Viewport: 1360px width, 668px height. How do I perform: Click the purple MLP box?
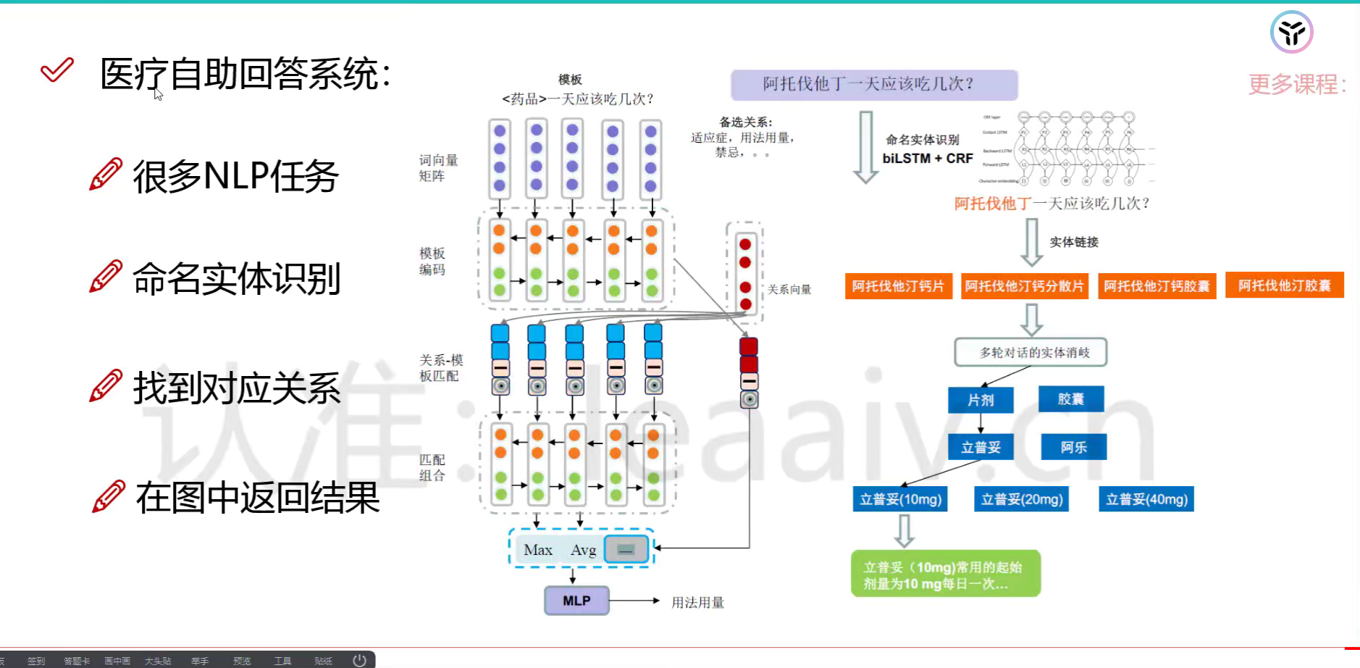576,601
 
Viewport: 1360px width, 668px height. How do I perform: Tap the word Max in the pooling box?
538,550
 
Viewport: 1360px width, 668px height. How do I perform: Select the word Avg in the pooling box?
583,550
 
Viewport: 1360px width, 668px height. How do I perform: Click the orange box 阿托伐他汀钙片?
898,286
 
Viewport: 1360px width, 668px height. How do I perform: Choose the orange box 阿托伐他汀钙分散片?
1024,286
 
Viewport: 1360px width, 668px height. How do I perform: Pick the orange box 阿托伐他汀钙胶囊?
1157,286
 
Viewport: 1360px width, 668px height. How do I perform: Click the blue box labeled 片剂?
981,400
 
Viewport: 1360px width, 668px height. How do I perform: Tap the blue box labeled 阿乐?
1073,447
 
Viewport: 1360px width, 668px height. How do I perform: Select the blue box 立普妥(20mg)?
1022,499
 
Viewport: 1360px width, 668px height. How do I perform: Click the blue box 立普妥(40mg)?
1146,499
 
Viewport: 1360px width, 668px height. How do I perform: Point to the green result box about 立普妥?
945,574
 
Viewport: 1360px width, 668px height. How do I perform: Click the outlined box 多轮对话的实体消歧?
1031,352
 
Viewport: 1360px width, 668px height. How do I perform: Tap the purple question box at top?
874,85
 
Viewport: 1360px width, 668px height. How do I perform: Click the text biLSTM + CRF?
928,158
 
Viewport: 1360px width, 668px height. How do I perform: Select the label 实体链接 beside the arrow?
1074,242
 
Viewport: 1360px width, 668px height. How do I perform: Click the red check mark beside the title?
56,70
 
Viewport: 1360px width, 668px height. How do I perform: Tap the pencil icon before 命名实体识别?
106,277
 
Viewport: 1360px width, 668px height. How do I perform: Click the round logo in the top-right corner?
1291,33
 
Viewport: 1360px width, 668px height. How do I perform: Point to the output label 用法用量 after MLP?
697,602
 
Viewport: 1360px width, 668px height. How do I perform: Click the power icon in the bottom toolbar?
359,660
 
